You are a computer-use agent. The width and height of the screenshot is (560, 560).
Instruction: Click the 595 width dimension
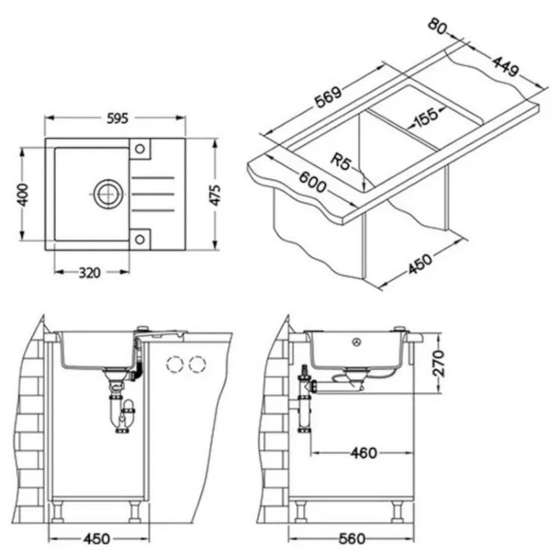117,118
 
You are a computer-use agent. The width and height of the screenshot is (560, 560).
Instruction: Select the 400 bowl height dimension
23,195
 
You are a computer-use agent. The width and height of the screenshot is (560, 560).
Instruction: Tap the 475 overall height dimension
215,195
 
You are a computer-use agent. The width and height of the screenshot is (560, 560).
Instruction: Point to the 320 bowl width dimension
90,273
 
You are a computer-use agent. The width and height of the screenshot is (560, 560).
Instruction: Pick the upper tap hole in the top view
140,149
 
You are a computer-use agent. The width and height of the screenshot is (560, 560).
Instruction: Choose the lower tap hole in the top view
140,239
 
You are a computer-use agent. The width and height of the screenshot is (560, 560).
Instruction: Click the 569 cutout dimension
329,97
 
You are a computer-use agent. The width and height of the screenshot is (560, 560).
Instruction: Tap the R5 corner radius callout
340,162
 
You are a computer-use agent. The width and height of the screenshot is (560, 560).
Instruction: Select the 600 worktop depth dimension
312,181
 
